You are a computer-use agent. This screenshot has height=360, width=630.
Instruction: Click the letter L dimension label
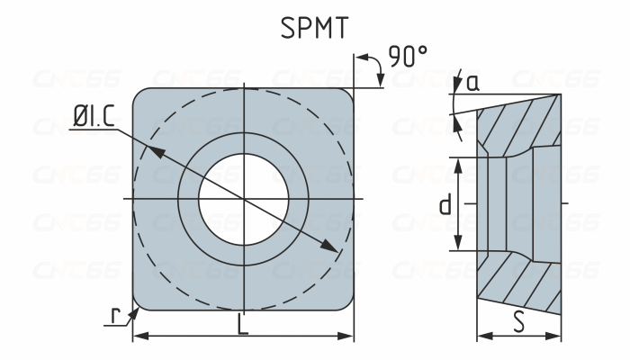point(243,326)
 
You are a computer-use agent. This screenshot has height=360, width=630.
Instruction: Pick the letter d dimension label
point(445,205)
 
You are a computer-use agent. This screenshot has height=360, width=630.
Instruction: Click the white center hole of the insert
point(243,197)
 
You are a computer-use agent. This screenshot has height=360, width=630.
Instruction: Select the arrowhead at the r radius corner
point(138,309)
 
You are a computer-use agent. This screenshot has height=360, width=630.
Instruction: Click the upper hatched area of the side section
point(526,121)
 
